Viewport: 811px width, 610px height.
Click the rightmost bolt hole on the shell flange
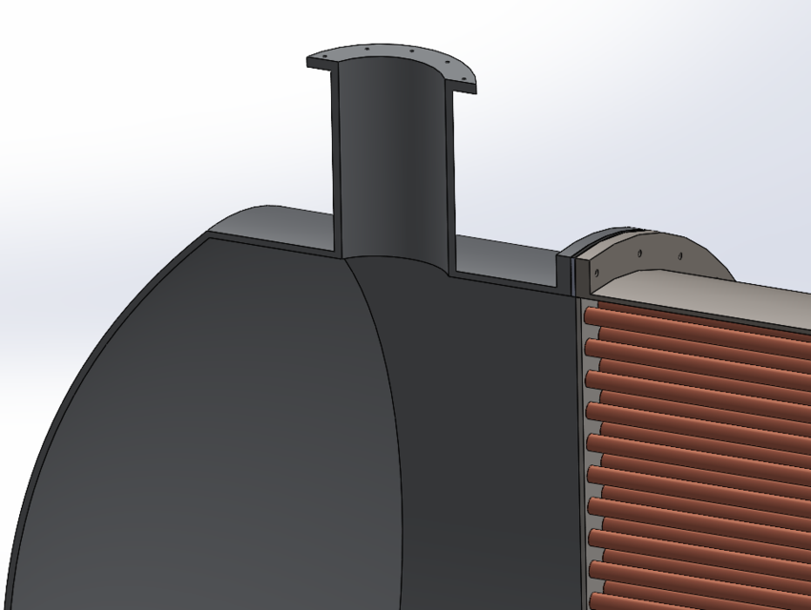click(680, 255)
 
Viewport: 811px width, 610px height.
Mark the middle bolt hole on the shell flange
click(638, 254)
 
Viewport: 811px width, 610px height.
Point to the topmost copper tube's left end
click(593, 315)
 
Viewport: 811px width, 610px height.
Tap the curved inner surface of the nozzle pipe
click(391, 162)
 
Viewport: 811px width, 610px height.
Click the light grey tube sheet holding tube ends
click(580, 429)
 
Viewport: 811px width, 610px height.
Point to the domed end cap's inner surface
click(191, 429)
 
